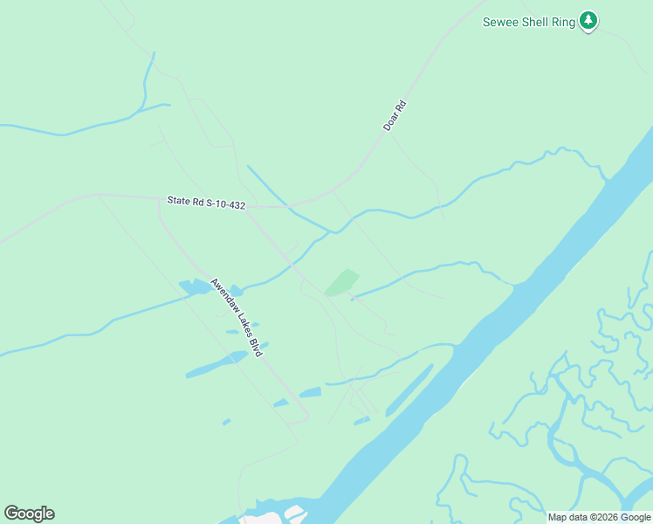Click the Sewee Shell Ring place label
(529, 22)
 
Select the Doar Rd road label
(395, 116)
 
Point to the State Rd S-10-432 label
(206, 203)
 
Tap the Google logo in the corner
(29, 514)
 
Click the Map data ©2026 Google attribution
(600, 517)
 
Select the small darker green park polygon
(341, 282)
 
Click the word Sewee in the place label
(499, 22)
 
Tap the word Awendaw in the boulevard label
(223, 297)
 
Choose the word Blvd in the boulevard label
(255, 347)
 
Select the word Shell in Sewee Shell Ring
(533, 22)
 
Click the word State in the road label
(177, 201)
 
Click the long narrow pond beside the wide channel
(409, 390)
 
